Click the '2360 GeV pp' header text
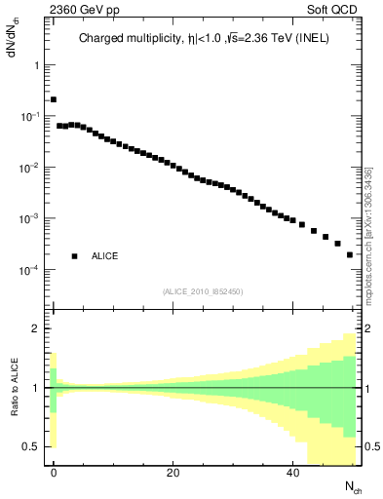47,10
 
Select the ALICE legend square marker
74,256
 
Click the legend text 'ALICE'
105,256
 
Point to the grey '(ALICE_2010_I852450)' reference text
203,291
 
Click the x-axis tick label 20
173,473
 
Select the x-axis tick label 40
293,473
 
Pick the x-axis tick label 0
54,473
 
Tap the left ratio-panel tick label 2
37,328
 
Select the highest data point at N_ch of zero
54,99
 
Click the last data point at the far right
350,254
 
